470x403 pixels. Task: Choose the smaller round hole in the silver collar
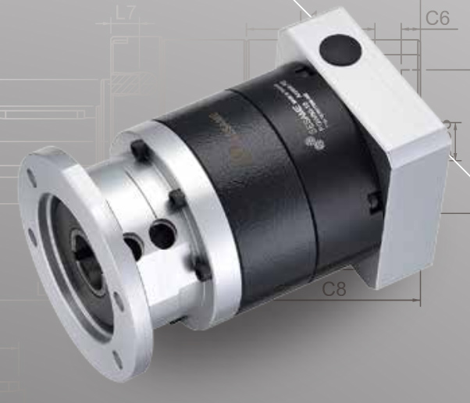132,245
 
